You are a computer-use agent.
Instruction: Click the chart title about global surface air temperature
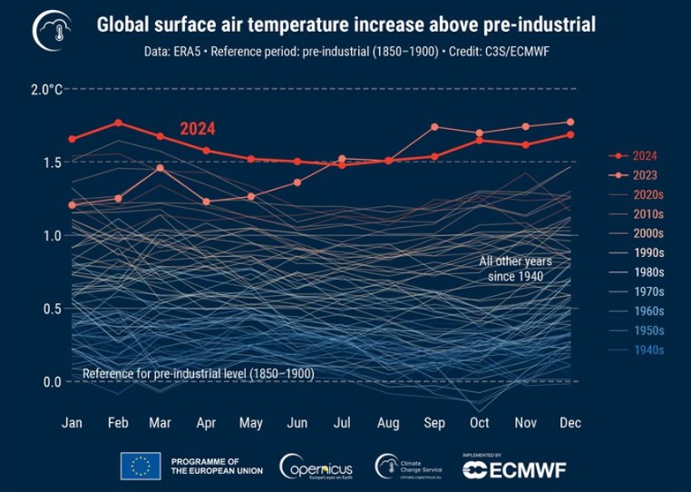(345, 25)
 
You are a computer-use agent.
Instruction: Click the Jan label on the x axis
(72, 423)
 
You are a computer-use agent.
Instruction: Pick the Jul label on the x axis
(341, 423)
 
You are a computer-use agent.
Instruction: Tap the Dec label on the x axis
(569, 423)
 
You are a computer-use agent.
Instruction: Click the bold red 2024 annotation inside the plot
(197, 129)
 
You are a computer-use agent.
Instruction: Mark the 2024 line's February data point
(118, 123)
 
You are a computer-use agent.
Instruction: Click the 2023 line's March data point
(160, 168)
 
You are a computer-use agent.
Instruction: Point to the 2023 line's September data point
(434, 127)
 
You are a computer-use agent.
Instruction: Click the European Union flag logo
(141, 466)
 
